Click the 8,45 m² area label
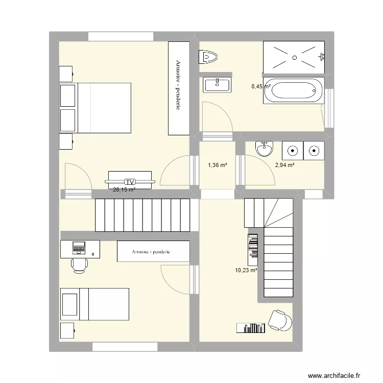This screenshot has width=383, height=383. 260,87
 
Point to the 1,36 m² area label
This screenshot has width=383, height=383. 217,165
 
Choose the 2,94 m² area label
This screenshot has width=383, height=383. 285,165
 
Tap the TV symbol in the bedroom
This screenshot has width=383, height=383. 130,181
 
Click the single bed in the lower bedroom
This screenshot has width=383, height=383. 95,304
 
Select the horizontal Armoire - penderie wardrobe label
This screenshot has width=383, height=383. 153,252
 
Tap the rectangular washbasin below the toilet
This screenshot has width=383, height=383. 217,85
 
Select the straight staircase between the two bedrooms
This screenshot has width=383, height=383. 143,214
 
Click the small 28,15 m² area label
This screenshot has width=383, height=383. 124,189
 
